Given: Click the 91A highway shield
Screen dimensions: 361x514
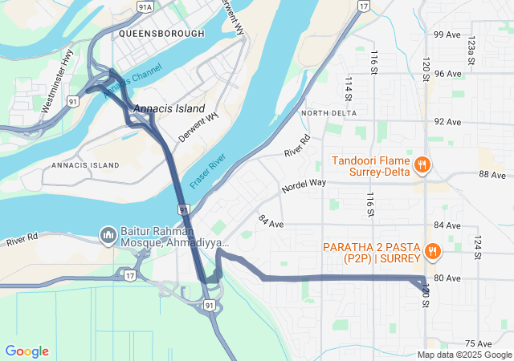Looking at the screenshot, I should pos(145,6).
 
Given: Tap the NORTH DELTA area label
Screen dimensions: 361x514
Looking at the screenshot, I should pos(328,113).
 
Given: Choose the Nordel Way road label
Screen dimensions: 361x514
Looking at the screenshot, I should pos(304,185).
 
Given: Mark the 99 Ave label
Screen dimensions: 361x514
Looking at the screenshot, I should pos(447,34).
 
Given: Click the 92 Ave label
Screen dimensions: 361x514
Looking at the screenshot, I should pos(447,122).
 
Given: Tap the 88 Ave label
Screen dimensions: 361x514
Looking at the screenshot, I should pos(492,174).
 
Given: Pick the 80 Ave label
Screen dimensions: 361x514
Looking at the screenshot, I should pos(447,278).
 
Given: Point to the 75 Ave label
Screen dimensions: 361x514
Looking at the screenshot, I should pos(478,343).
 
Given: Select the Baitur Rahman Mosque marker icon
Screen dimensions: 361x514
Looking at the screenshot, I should pos(108,235).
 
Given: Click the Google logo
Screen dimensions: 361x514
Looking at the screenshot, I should pos(27,351).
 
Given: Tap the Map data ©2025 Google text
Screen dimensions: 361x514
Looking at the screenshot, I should pos(463,355).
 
